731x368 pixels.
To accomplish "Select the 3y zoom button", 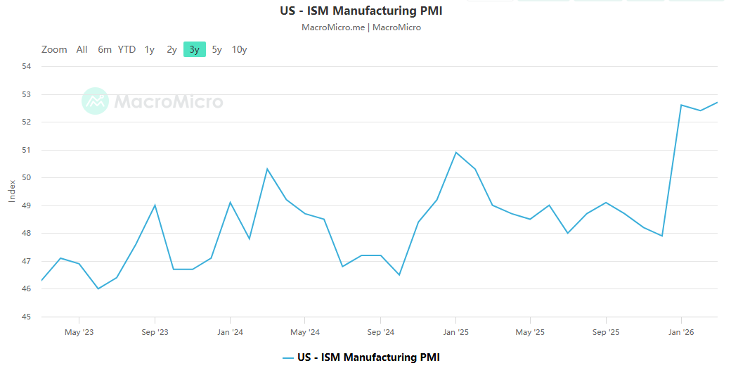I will coord(194,49).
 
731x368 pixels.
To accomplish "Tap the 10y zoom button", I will coord(240,49).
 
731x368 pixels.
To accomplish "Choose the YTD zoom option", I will coord(127,49).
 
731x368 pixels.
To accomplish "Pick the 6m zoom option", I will coord(105,49).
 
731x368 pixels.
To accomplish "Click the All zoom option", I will coord(82,49).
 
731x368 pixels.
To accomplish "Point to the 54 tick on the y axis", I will coord(27,66).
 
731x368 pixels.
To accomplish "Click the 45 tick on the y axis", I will coord(27,317).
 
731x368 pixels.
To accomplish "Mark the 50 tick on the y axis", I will coord(27,177).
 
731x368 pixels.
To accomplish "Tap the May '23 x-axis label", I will coord(79,331).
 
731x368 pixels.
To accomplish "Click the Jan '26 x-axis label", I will coord(681,331).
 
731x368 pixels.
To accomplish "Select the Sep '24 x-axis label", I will coord(380,331).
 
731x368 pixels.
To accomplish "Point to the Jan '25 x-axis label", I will coord(456,331).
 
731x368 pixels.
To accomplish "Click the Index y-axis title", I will coord(12,191).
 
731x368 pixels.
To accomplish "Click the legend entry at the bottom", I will coord(361,357).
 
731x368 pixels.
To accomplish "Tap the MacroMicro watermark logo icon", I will coord(95,101).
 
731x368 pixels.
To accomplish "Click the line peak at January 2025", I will coord(456,152).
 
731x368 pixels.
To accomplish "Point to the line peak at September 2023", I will coord(155,205).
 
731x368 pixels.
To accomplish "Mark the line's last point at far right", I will coord(717,102).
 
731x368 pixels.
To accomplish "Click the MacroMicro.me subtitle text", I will coord(333,27).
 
